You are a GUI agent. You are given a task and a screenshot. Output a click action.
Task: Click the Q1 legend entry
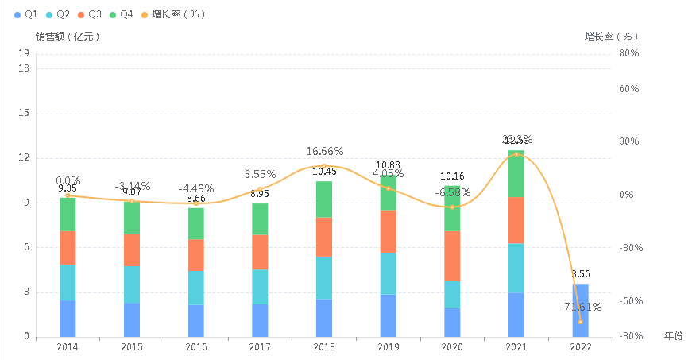coord(27,14)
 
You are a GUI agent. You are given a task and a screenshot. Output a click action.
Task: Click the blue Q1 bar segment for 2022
coord(580,310)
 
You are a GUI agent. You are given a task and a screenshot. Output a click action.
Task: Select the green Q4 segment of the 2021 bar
coord(516,173)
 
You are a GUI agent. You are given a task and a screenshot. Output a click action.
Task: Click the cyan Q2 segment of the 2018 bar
coord(324,278)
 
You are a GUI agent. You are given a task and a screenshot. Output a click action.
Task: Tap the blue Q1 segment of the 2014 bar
coord(68,318)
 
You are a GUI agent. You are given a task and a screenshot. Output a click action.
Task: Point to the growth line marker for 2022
coord(580,322)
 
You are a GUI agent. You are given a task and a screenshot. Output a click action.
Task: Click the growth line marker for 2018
coord(324,165)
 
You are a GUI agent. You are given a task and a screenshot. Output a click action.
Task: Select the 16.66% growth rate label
coord(324,151)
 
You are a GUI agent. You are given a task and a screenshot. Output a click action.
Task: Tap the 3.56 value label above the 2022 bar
coord(580,274)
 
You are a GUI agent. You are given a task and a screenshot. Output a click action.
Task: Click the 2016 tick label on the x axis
coord(195,347)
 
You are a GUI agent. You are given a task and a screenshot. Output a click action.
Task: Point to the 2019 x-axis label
coord(388,347)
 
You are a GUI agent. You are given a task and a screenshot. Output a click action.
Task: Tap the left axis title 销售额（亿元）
coord(68,37)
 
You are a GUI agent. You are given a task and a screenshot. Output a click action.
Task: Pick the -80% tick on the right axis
coord(628,336)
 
